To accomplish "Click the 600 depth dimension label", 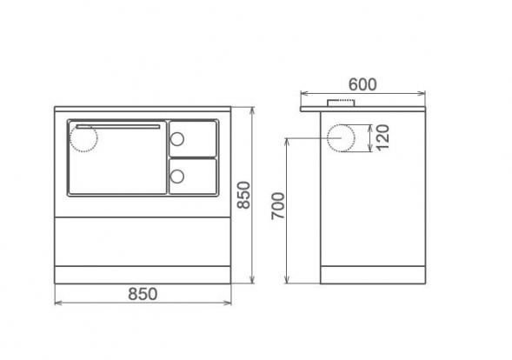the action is click(x=362, y=84).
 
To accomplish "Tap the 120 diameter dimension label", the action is click(x=382, y=137).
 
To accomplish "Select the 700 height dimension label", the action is click(x=278, y=206).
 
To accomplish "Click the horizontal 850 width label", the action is click(x=143, y=294).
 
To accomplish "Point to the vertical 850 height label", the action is click(x=243, y=195).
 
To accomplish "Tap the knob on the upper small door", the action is click(x=177, y=139).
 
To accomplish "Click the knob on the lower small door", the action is click(x=177, y=177).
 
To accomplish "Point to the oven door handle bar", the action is click(x=118, y=127).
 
